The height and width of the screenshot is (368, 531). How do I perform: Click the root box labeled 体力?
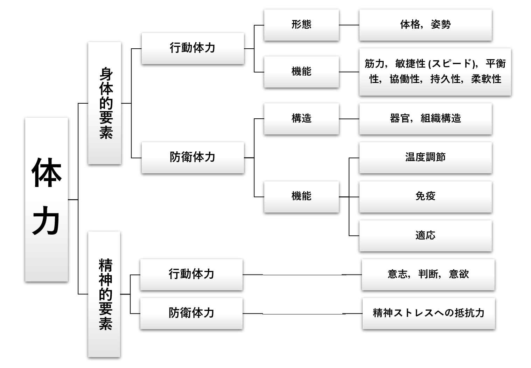[46, 199]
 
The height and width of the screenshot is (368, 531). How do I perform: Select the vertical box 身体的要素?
[105, 103]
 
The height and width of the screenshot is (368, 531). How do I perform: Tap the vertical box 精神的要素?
[104, 294]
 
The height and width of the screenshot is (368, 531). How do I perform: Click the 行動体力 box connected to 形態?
[193, 48]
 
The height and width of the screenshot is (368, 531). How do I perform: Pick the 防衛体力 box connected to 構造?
[193, 158]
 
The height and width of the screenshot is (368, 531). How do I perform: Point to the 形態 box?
[301, 25]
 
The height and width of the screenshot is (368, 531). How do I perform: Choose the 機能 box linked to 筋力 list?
[301, 72]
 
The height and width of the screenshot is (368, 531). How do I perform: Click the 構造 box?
[301, 119]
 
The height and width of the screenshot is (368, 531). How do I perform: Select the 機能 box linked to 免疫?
[301, 196]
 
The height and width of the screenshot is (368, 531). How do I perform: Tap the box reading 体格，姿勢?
[425, 25]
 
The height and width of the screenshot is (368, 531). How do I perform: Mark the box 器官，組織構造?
[425, 119]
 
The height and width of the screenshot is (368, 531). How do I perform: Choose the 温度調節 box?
[425, 158]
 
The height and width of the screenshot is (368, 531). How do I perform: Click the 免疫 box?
[425, 196]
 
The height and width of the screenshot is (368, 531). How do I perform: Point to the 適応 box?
[425, 236]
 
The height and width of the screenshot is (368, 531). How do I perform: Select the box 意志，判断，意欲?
[428, 275]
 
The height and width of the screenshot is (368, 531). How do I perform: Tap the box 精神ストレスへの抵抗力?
[428, 313]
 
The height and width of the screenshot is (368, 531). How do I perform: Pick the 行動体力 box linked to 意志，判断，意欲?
[191, 275]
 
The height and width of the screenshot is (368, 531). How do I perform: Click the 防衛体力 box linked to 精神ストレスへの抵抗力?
[191, 313]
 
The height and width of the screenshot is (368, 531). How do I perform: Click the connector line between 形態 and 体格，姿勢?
[349, 25]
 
